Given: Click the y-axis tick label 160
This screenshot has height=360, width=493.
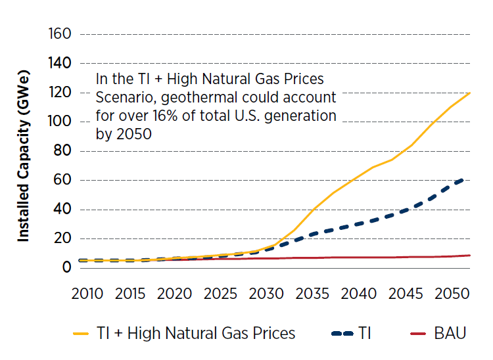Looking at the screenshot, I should tap(59, 34).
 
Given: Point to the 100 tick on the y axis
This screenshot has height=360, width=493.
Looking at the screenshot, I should tap(59, 122).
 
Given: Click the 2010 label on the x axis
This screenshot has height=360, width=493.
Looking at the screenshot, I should tap(87, 293).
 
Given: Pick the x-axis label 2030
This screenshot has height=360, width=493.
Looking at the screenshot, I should tap(266, 293).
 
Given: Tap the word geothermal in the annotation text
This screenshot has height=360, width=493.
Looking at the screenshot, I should tap(197, 98).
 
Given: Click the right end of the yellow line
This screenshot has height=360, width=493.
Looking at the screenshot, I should tap(469, 93).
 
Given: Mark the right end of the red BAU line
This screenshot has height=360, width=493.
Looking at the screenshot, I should tap(469, 255).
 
